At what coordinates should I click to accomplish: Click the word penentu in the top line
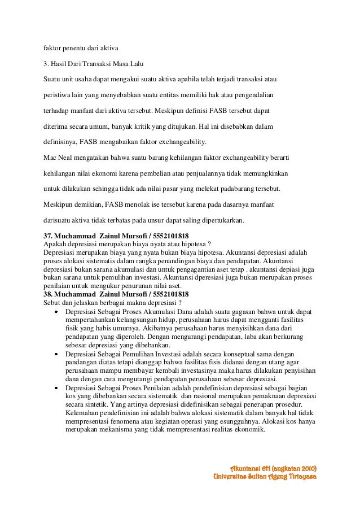(x=78, y=46)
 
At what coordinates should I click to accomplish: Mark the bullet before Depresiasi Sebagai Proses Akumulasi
(x=57, y=311)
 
